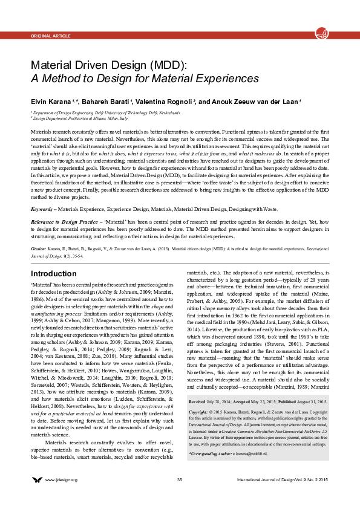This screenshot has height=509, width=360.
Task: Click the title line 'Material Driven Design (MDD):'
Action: click(x=108, y=65)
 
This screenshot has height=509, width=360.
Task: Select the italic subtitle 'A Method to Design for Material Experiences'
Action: click(x=145, y=79)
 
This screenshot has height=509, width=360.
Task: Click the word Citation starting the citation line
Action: click(x=38, y=248)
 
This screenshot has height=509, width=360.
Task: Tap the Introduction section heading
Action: click(x=53, y=274)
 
